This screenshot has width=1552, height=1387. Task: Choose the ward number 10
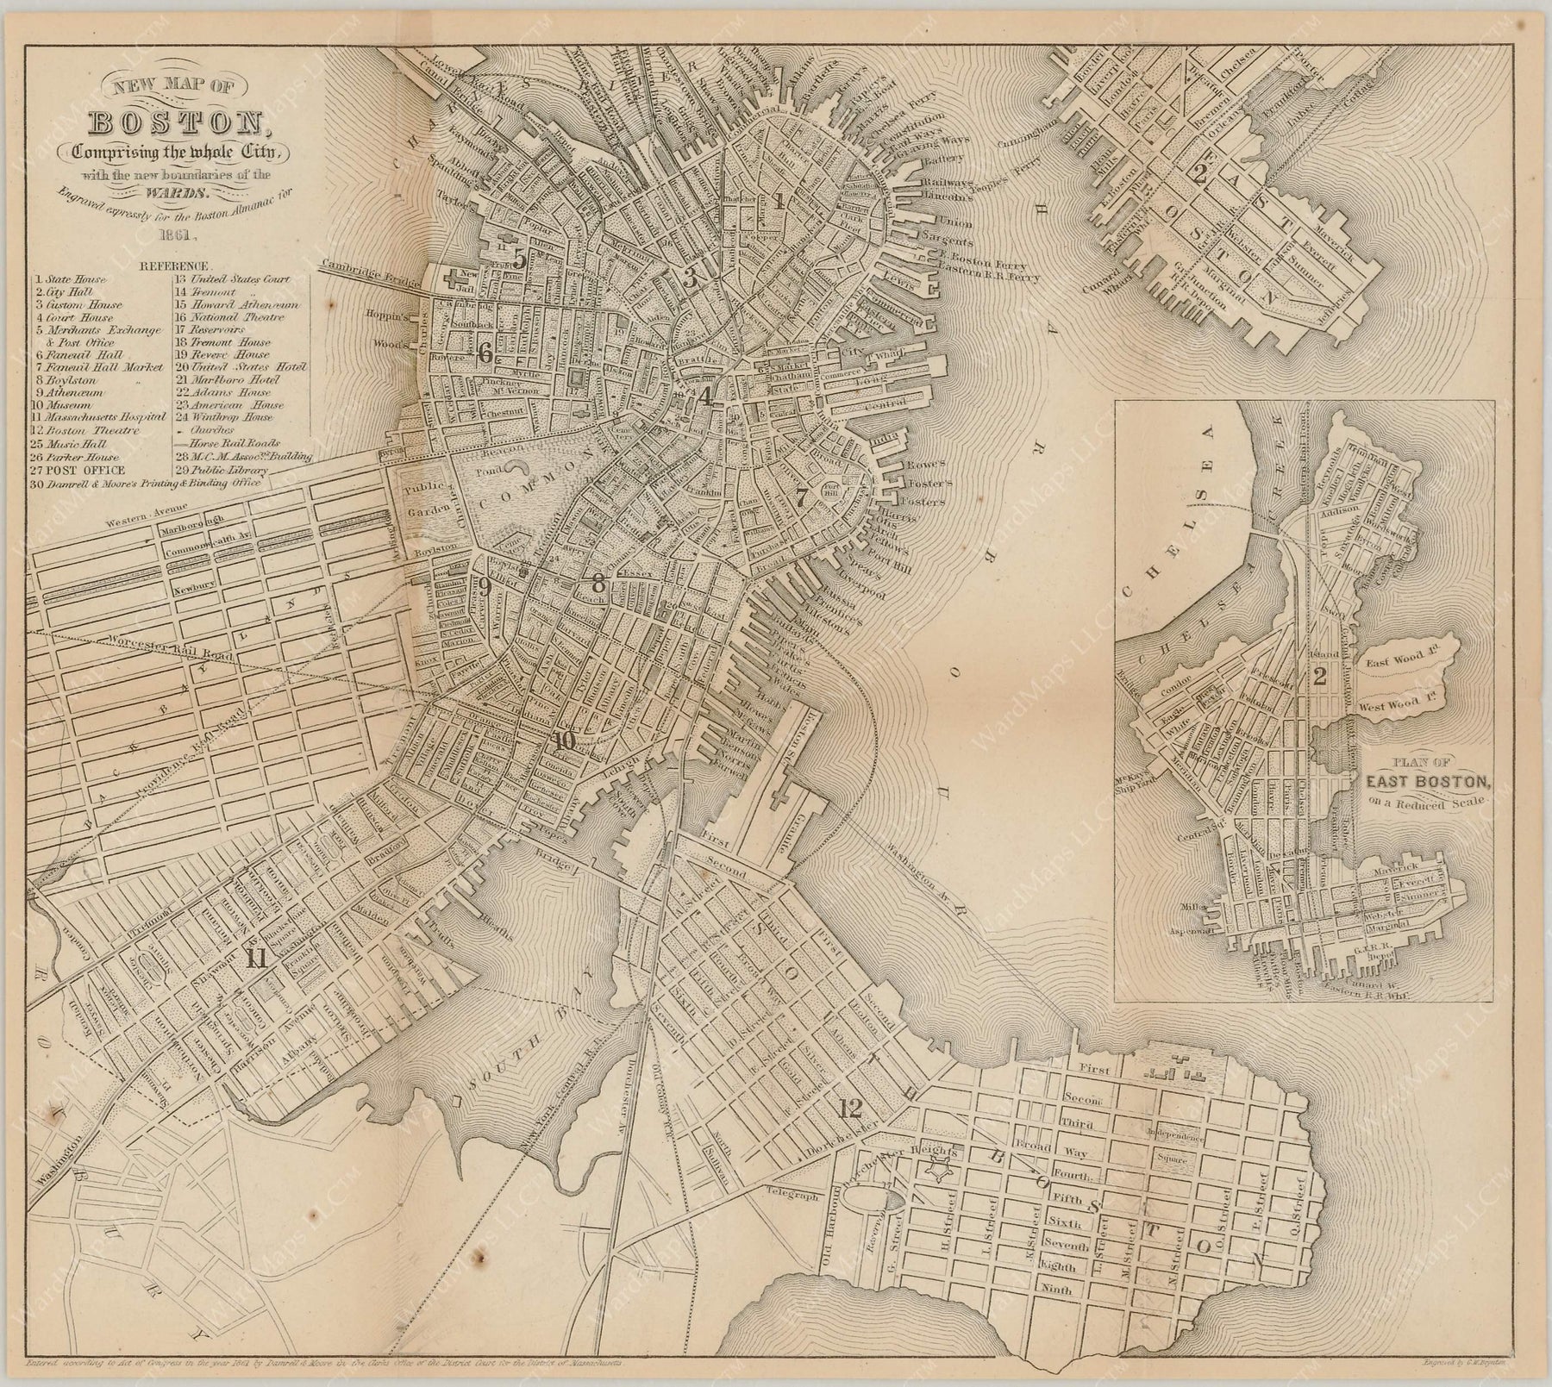point(565,740)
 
